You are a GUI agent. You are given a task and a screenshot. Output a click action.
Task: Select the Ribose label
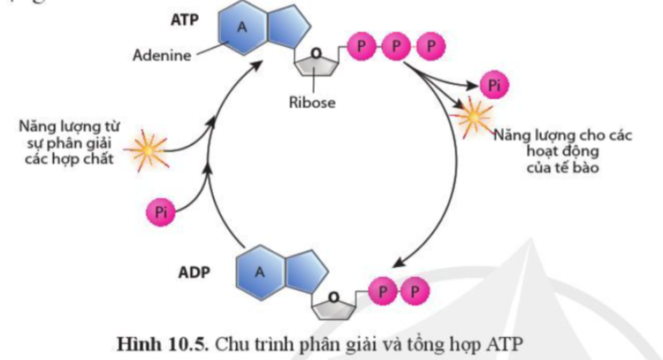[x=310, y=102]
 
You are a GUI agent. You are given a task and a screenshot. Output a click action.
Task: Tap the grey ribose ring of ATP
[x=318, y=63]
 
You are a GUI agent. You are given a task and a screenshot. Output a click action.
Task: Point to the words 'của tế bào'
[x=552, y=166]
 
